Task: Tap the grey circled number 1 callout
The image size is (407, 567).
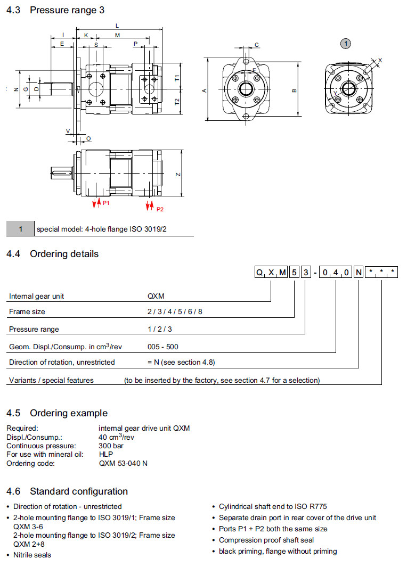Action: point(346,43)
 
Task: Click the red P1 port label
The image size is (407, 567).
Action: point(106,203)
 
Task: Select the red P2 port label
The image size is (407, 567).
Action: point(160,209)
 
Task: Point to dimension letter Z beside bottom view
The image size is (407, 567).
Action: point(179,175)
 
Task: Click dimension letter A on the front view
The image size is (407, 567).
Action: point(204,91)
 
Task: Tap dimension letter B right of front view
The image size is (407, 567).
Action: point(294,91)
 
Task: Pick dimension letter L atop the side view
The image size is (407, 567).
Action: point(117,26)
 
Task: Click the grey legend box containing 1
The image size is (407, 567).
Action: point(20,229)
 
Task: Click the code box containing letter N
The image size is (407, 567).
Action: point(359,273)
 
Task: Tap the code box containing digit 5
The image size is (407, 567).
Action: point(294,273)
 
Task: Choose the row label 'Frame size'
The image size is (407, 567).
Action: point(27,311)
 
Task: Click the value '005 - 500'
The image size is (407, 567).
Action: point(163,347)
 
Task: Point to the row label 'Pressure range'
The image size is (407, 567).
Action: point(34,329)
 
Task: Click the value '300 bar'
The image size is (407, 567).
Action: point(111,446)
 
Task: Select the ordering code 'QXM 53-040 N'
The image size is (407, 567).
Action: point(123,463)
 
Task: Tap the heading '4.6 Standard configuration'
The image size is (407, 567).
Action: point(67,491)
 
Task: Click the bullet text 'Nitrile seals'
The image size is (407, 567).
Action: point(32,555)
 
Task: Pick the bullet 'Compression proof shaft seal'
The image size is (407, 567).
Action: point(266,540)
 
